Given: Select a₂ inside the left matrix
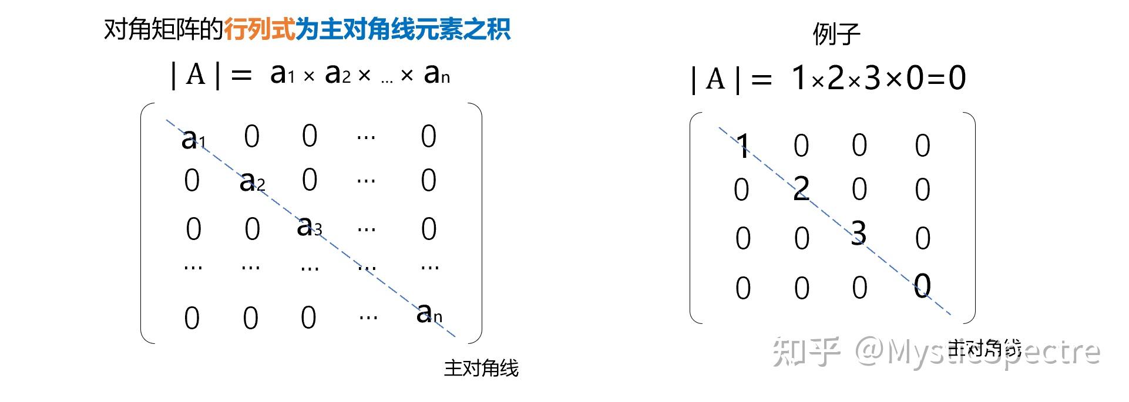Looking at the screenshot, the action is click(251, 181).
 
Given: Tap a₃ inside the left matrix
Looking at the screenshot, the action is click(308, 226).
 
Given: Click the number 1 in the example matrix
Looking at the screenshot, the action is click(742, 146).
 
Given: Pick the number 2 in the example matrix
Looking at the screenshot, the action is click(801, 189).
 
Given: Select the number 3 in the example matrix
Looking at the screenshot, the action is click(858, 233).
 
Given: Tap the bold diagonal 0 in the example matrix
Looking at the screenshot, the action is click(922, 285).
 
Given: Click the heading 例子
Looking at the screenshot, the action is click(836, 34).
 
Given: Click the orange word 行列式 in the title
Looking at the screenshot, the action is click(259, 29).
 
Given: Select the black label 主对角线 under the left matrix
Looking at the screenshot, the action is click(481, 369).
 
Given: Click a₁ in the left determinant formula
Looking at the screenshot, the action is click(281, 74).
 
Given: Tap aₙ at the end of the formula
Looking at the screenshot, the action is click(436, 74).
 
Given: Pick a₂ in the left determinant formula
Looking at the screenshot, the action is click(337, 74).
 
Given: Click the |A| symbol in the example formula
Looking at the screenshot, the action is click(715, 79).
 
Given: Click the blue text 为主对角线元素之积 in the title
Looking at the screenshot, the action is click(402, 29).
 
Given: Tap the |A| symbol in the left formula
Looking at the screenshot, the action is click(196, 75).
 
